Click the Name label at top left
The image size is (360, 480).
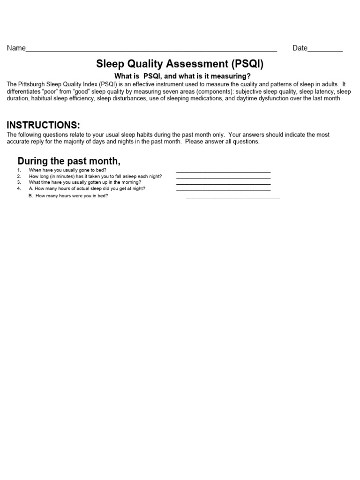click(16, 48)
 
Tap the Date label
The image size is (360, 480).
click(300, 48)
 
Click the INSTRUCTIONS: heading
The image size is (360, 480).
click(43, 125)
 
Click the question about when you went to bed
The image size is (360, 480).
click(67, 170)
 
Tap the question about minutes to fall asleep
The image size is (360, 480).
click(95, 176)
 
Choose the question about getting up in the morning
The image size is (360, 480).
click(85, 182)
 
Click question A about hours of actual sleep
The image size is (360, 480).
click(87, 188)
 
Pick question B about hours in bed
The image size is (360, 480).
click(68, 196)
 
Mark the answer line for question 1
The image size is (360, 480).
click(223, 172)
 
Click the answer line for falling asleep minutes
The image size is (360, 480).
click(223, 178)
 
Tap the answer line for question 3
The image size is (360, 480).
click(223, 184)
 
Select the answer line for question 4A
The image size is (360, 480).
click(223, 190)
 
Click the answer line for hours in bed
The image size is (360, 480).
click(233, 198)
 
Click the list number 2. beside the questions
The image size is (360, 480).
click(19, 176)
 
